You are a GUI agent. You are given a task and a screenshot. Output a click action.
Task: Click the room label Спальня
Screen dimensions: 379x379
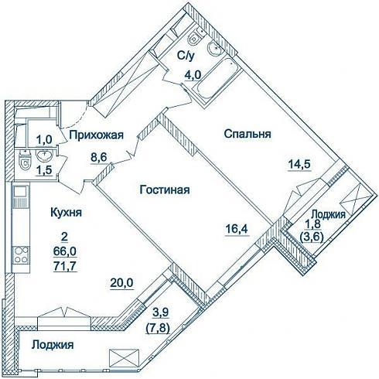248,135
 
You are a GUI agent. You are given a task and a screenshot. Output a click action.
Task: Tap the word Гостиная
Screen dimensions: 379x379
165,190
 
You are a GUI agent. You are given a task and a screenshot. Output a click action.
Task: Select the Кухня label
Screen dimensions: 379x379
66,213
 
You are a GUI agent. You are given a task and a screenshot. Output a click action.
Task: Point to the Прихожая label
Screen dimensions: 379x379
97,135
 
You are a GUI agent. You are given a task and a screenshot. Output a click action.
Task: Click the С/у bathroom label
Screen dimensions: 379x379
185,56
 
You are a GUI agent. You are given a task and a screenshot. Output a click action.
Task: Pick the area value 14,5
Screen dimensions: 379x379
300,164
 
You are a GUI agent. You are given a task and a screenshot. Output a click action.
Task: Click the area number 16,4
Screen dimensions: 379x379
237,228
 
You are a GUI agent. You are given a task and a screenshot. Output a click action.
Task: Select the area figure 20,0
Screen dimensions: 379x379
121,283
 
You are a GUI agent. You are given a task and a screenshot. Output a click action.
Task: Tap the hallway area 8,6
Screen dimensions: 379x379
98,157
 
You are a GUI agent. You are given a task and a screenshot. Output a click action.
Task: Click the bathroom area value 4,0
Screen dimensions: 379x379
192,75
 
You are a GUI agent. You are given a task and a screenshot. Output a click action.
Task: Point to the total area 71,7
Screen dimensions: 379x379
65,266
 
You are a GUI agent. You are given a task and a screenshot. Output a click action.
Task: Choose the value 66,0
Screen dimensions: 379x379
65,251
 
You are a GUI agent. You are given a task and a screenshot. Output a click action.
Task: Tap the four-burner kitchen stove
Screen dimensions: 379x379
21,255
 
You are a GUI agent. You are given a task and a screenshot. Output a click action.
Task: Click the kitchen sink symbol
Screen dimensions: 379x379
20,196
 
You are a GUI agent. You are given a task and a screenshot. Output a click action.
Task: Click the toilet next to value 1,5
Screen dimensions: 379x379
25,162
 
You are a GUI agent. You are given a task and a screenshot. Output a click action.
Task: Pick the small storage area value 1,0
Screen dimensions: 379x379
44,140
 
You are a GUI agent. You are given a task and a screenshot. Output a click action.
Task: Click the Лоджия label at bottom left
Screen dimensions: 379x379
53,345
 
